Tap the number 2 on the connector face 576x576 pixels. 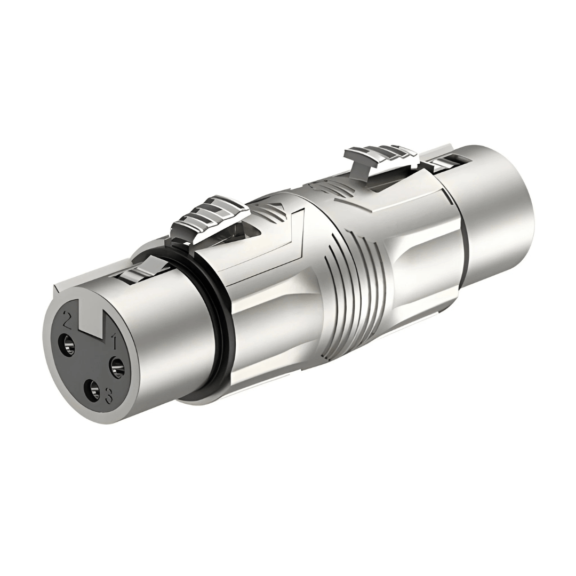coord(68,318)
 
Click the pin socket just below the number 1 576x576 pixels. coord(117,366)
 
